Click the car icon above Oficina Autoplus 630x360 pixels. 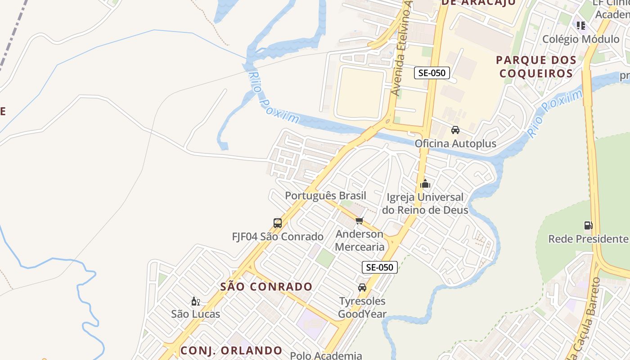tap(455, 130)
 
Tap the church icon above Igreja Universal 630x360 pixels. tap(425, 184)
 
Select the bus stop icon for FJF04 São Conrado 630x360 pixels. tap(278, 223)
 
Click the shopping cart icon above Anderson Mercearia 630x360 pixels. tap(359, 220)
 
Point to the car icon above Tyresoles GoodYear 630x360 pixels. tap(362, 287)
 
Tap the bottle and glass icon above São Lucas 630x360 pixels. tap(195, 301)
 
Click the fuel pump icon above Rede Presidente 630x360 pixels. tap(588, 225)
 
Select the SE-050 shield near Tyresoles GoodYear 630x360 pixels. tap(380, 267)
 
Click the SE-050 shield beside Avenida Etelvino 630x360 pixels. tap(432, 73)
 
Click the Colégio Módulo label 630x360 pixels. tap(580, 39)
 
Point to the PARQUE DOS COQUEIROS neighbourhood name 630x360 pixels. tap(536, 67)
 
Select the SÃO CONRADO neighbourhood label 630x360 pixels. tap(266, 287)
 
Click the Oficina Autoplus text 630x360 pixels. tap(455, 144)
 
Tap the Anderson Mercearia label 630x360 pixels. tap(360, 240)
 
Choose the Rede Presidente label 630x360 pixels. tap(588, 238)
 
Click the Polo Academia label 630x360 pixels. tap(326, 355)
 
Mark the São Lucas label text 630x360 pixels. tap(195, 314)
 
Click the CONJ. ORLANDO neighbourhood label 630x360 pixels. tap(231, 351)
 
